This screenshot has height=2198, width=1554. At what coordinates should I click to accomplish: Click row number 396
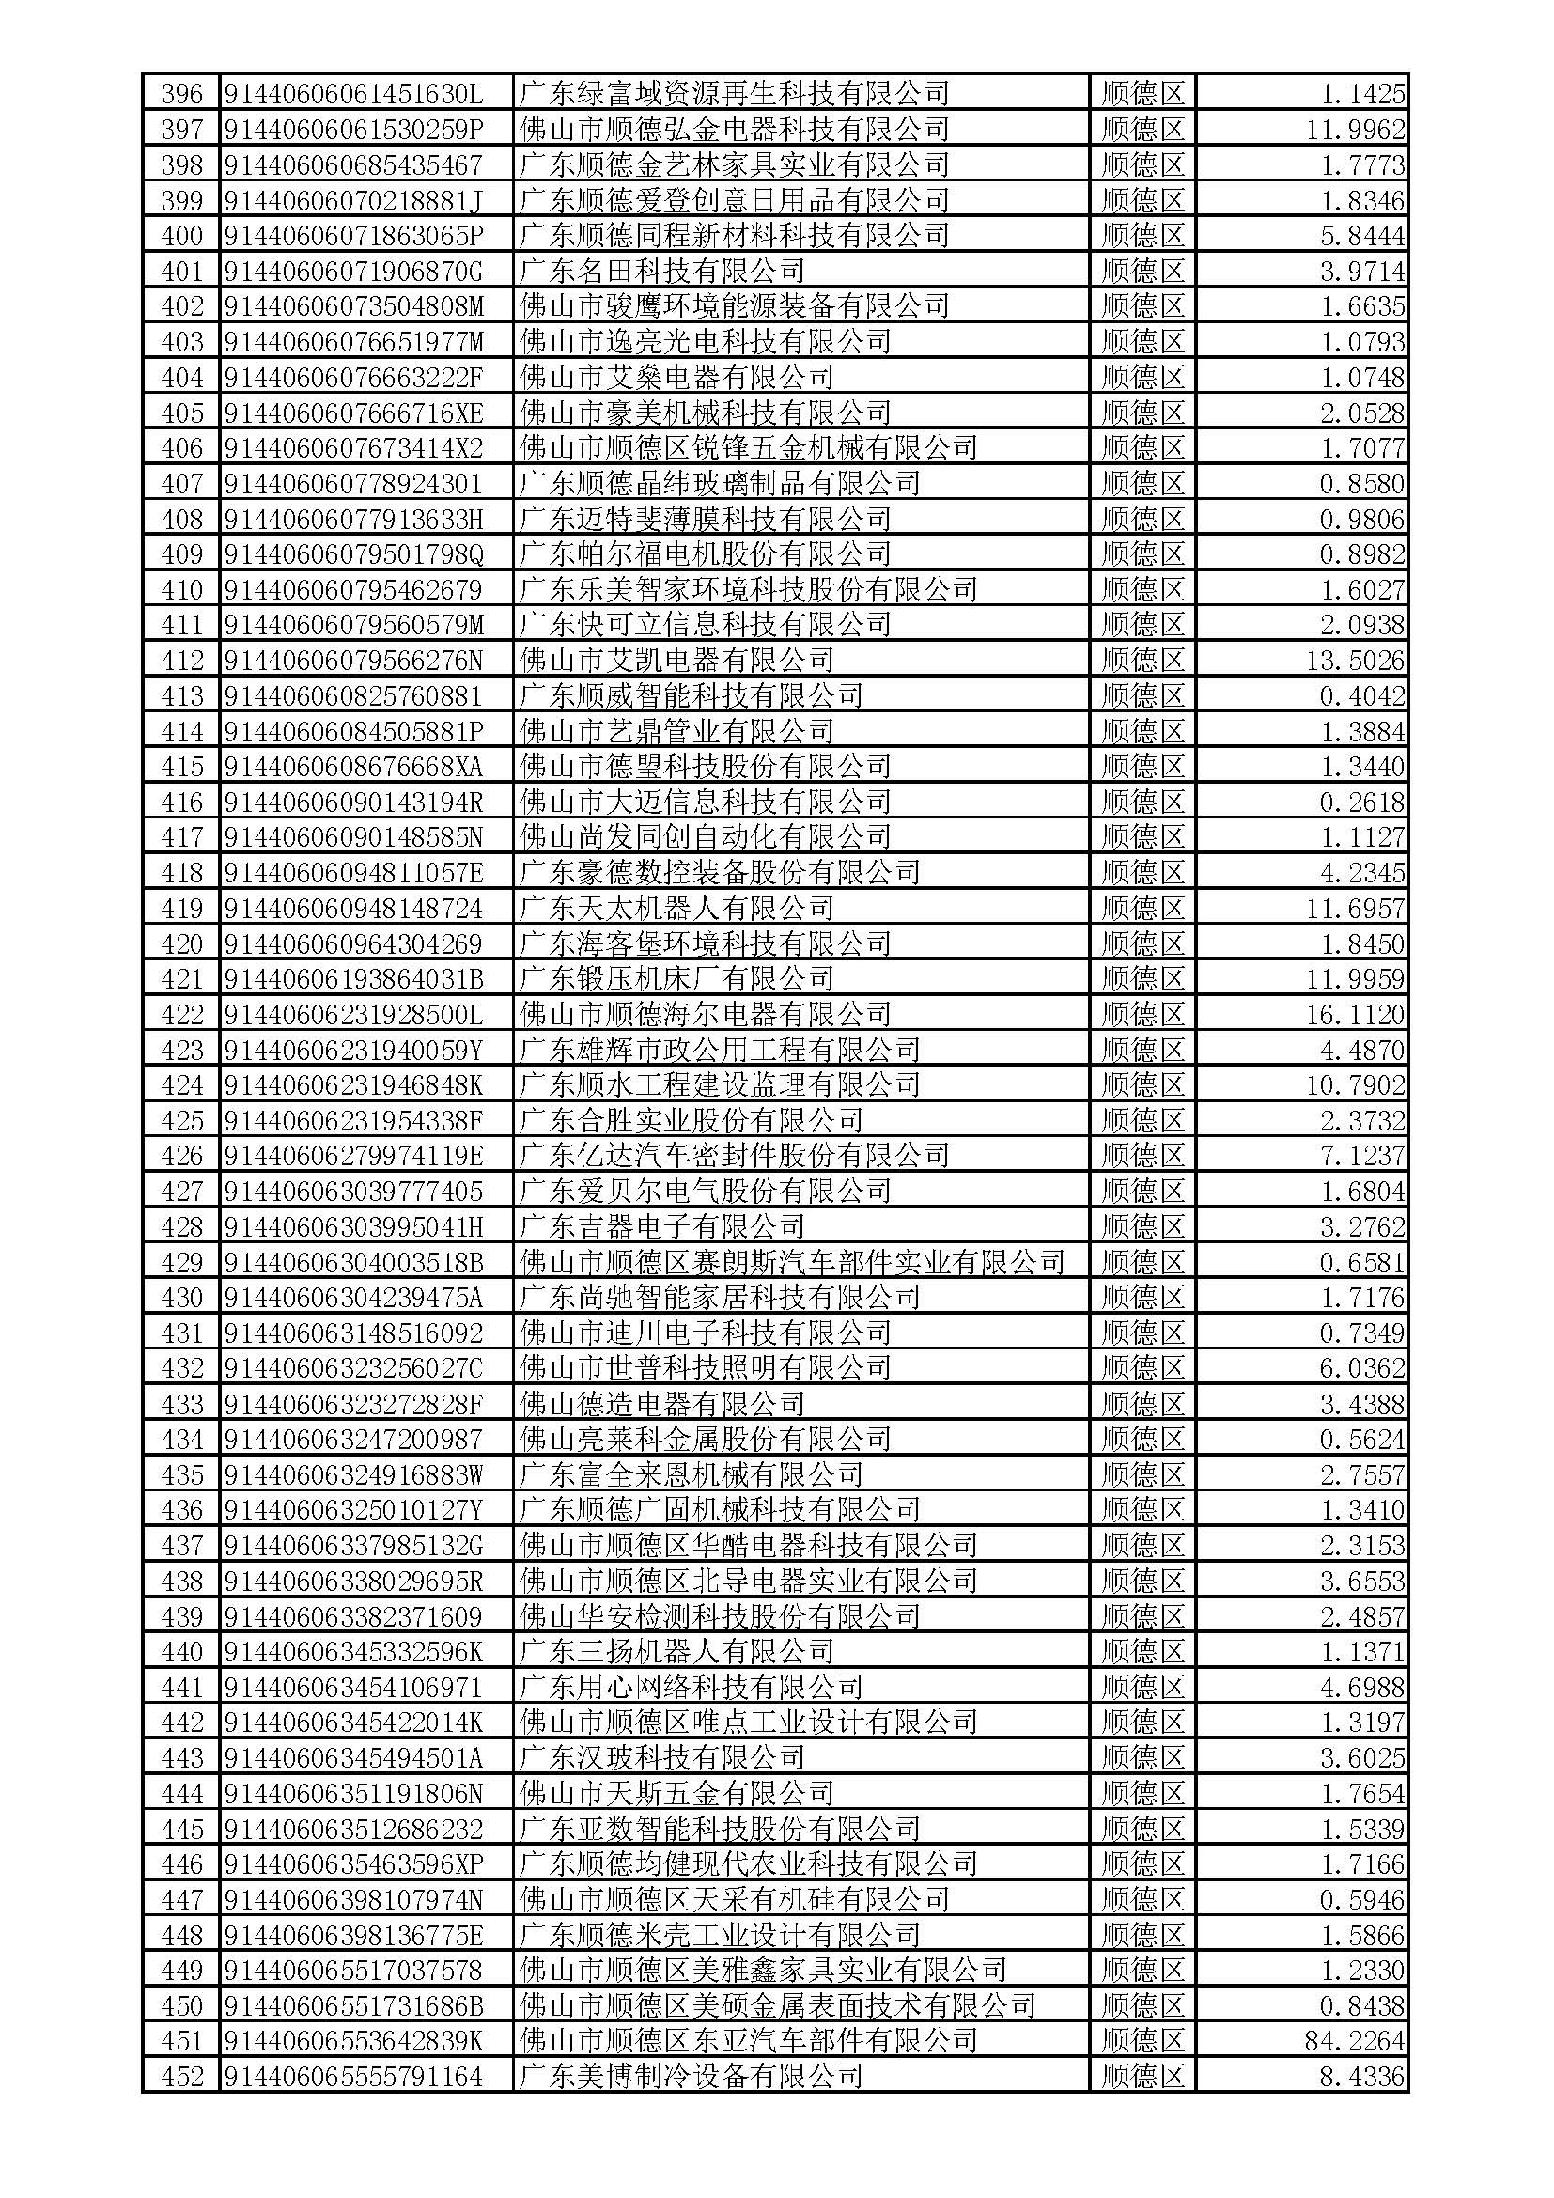[182, 94]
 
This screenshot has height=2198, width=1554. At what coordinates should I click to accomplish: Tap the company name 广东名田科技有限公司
[661, 271]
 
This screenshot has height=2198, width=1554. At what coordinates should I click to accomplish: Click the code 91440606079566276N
[353, 661]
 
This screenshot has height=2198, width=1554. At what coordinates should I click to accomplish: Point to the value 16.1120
[1355, 1015]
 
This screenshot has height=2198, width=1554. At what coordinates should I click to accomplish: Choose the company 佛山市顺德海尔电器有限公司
[705, 1015]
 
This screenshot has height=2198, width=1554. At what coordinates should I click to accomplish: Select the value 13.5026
[1355, 661]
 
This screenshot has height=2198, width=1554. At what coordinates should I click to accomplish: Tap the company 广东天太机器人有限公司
[676, 909]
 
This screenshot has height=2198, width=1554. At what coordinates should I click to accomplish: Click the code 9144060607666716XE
[353, 413]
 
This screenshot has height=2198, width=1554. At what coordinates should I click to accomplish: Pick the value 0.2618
[1361, 803]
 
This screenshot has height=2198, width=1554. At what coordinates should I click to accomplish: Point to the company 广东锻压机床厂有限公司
[676, 979]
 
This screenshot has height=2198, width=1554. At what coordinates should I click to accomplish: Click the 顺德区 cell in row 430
[1142, 1298]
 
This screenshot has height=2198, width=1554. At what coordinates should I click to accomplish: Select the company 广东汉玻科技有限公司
[661, 1757]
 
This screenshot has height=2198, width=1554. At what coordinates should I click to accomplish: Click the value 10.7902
[1355, 1085]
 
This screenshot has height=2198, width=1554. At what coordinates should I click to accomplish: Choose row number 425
[182, 1121]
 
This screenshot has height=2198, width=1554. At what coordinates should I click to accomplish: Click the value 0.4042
[1361, 696]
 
